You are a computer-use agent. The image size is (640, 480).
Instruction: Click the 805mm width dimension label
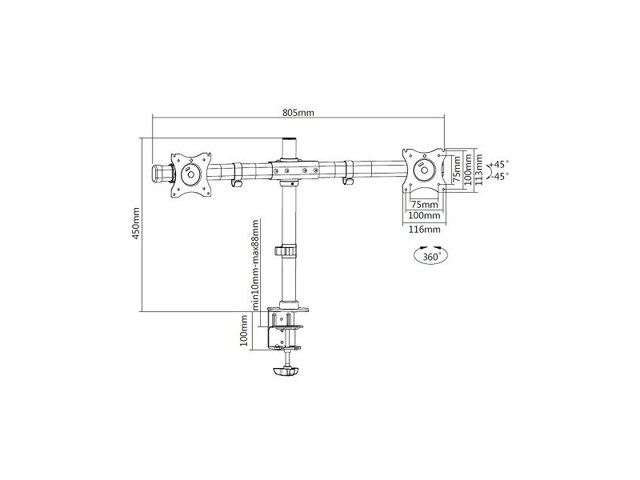(298, 112)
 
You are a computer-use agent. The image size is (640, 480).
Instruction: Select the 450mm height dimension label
(135, 223)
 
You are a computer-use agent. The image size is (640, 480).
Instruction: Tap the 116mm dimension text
(425, 230)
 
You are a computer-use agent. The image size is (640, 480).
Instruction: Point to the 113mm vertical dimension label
(478, 170)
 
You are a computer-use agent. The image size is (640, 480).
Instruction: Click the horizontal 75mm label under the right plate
(424, 204)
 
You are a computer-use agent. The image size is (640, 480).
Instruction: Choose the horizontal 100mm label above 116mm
(425, 215)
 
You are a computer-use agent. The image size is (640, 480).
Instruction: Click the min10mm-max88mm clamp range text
(255, 266)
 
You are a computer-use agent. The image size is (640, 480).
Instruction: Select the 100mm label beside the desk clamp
(244, 330)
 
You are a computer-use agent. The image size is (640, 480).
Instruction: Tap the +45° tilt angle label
(499, 165)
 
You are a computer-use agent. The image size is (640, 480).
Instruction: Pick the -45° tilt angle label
(500, 176)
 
